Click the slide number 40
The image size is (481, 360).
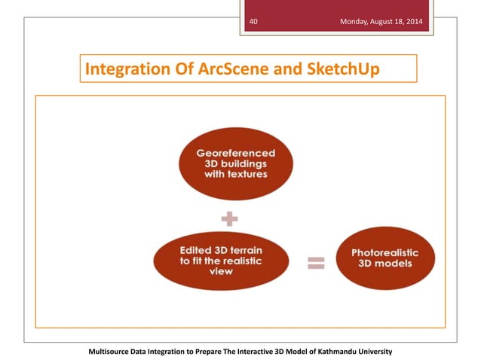254,22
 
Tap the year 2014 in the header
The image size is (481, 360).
414,22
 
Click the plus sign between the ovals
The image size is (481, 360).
229,221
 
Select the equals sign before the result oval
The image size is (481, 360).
315,263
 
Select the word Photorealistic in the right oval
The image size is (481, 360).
384,253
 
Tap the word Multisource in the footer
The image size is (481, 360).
115,352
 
